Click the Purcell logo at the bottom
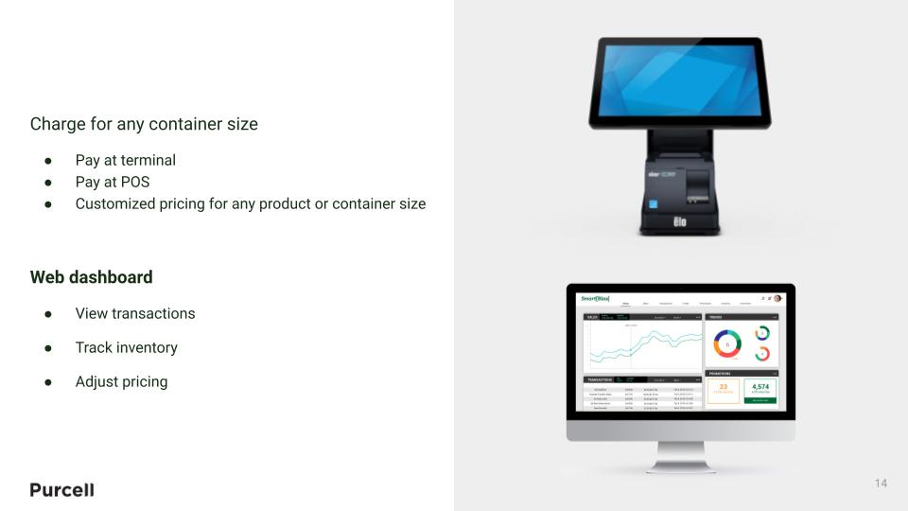tap(61, 489)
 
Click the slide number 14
tap(881, 484)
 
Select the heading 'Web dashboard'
tap(91, 277)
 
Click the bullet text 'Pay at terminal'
tap(125, 160)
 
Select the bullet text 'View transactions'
tap(134, 313)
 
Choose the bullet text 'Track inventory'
tap(126, 347)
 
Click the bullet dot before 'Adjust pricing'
tap(48, 381)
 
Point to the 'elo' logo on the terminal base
tap(678, 221)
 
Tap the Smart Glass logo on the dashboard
tap(596, 299)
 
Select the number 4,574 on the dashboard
tap(760, 387)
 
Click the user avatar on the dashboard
tap(777, 298)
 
